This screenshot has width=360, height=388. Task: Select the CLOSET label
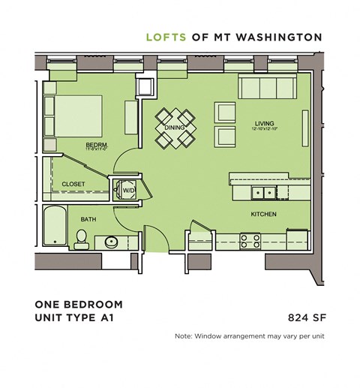(x=73, y=184)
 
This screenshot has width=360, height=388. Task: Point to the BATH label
(x=88, y=218)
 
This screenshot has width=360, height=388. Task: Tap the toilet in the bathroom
(x=82, y=239)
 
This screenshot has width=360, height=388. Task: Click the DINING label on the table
(x=175, y=128)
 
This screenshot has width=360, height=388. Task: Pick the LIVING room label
(x=265, y=123)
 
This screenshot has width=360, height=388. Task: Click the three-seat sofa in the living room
(x=265, y=88)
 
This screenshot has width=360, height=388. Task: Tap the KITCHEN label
(x=263, y=214)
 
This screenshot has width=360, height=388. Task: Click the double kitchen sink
(x=262, y=193)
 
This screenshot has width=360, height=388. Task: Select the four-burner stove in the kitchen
(x=250, y=241)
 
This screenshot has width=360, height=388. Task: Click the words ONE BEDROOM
(x=78, y=305)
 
